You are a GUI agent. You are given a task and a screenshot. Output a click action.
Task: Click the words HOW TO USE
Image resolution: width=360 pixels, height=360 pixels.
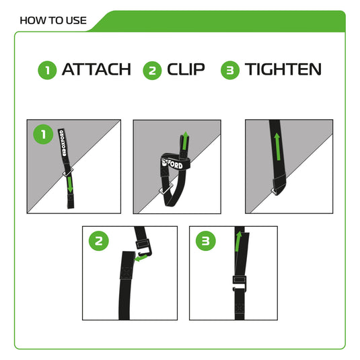(53, 20)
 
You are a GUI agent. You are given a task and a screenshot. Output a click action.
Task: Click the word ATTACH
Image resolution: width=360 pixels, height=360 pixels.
(96, 69)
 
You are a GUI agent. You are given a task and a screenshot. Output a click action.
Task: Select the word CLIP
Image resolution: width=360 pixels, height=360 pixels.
(186, 69)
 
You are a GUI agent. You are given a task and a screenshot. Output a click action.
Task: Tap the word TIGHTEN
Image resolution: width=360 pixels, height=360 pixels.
(283, 69)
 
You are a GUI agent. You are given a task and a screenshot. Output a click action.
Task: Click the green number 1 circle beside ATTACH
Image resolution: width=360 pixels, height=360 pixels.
(47, 70)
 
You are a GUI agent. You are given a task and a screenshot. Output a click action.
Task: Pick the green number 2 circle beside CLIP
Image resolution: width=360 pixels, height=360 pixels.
(152, 70)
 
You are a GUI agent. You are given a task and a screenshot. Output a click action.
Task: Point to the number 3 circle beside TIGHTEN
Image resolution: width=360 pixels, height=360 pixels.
(231, 70)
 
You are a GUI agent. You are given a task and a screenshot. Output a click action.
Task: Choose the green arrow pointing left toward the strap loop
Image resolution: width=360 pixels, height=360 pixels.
(141, 256)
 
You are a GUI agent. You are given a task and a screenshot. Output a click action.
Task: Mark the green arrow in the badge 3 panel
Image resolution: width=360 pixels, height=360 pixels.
(238, 240)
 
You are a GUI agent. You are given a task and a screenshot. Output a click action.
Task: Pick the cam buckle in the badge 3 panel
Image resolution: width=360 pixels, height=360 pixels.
(240, 282)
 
